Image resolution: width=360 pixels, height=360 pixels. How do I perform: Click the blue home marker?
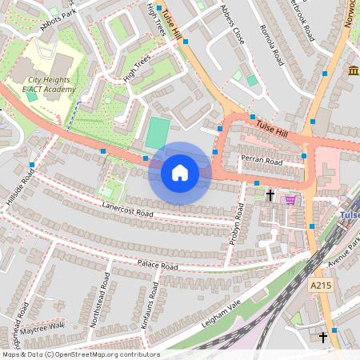[x=180, y=173]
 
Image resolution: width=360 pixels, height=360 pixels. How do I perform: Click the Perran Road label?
[x=263, y=161]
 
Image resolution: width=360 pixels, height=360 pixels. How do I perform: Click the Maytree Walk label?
[x=42, y=327]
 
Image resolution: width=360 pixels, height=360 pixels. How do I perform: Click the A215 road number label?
[x=320, y=284]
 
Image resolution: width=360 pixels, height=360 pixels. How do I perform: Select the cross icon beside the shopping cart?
[x=270, y=195]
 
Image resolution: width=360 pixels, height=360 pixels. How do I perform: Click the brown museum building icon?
[x=353, y=73]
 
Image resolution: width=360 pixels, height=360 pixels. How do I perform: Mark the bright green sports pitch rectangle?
[x=158, y=133]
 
